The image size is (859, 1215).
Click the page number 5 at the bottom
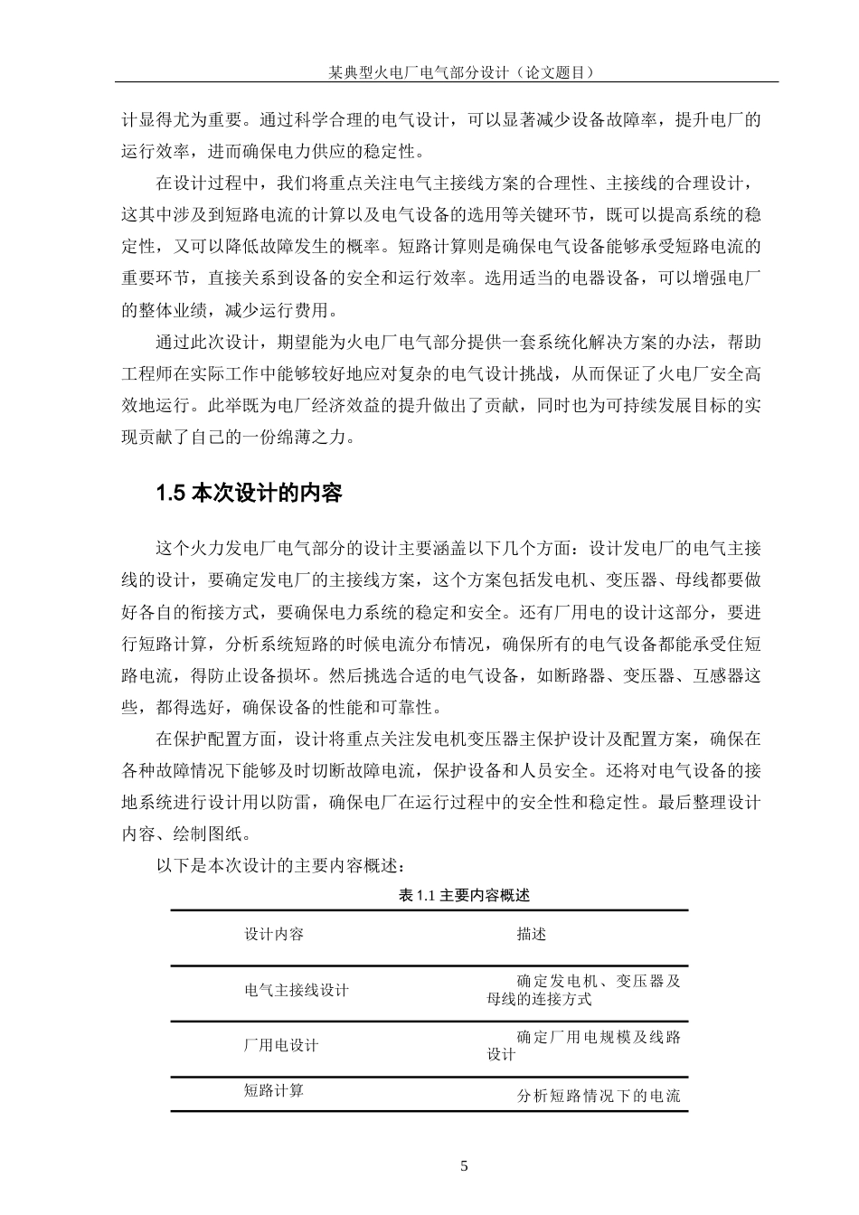coord(465,1165)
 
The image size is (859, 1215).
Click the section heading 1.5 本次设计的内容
coord(250,494)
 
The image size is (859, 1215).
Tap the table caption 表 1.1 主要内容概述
coord(463,895)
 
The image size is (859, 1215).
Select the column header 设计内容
coord(274,934)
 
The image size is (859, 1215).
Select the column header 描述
coord(532,934)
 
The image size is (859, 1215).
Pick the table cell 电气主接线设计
coord(297,990)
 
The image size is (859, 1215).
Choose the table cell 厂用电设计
coord(281,1045)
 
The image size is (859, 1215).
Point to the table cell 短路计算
coord(274,1090)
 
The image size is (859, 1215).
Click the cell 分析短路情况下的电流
coord(598,1097)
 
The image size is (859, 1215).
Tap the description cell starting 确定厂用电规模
coord(584,1045)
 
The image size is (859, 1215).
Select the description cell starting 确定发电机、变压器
coord(584,990)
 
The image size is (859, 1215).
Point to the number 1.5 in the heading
coord(170,494)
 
